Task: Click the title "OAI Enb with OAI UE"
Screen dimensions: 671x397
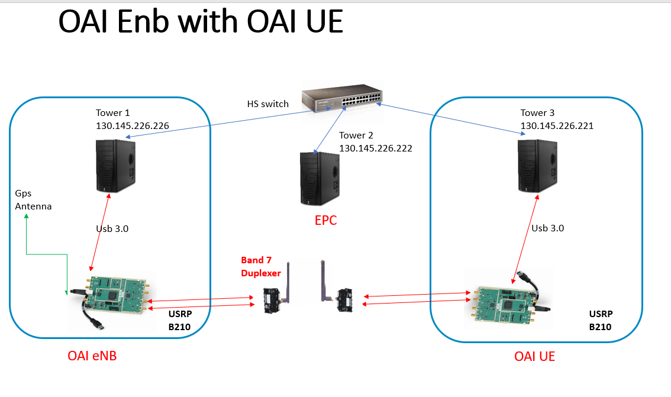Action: pyautogui.click(x=200, y=21)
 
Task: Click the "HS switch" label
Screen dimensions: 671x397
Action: pyautogui.click(x=268, y=104)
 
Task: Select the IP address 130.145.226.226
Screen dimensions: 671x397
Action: pyautogui.click(x=132, y=126)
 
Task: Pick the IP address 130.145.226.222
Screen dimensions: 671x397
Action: pyautogui.click(x=376, y=149)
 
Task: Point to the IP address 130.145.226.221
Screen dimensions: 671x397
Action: pyautogui.click(x=557, y=126)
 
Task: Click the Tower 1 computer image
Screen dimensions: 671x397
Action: pyautogui.click(x=115, y=166)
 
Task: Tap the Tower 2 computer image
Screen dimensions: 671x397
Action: pyautogui.click(x=320, y=178)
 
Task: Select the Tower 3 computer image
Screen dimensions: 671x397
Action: pyautogui.click(x=537, y=166)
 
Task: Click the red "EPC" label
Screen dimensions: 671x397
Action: pyautogui.click(x=325, y=220)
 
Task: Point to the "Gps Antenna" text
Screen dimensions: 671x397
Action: pyautogui.click(x=33, y=200)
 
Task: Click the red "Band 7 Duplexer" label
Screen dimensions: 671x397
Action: pyautogui.click(x=260, y=266)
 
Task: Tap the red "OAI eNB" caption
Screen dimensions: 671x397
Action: pyautogui.click(x=92, y=356)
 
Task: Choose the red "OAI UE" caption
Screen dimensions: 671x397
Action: pyautogui.click(x=534, y=356)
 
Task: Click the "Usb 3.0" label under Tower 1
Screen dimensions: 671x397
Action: pyautogui.click(x=112, y=229)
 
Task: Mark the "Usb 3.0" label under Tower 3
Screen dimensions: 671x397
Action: pyautogui.click(x=548, y=228)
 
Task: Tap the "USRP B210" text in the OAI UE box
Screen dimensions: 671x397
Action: pyautogui.click(x=601, y=321)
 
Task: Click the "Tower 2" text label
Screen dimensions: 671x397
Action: pyautogui.click(x=356, y=135)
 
